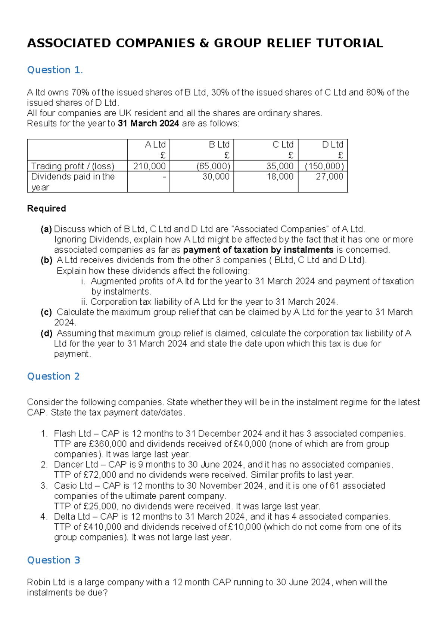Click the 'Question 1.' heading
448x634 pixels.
[55, 70]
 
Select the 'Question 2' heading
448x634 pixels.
[53, 376]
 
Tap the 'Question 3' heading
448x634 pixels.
[53, 560]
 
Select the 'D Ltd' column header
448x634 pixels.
[332, 145]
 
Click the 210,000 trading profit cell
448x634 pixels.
[149, 166]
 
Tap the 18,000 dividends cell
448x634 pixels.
[280, 176]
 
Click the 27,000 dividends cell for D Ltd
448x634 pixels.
[329, 176]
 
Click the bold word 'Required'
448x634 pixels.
[46, 209]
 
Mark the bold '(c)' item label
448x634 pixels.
[46, 312]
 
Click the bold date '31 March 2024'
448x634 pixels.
[148, 123]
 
